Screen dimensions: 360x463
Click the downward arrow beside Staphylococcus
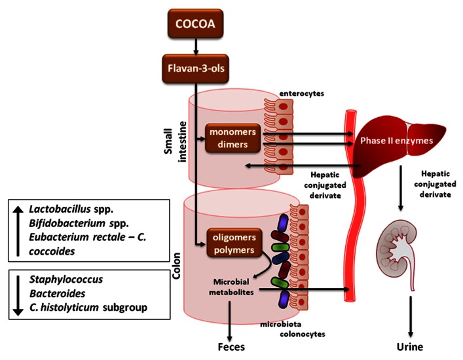click(x=18, y=292)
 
